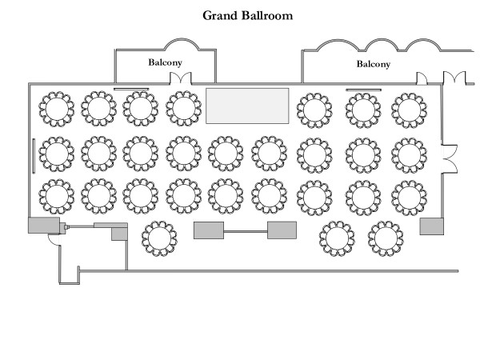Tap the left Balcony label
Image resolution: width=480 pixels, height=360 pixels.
166,61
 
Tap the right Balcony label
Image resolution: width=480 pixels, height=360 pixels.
374,63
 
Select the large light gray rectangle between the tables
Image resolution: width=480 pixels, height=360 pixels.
247,106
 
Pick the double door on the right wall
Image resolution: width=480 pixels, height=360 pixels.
450,157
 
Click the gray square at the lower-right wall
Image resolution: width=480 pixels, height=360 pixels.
431,225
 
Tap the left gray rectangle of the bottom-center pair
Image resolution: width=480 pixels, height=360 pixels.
209,231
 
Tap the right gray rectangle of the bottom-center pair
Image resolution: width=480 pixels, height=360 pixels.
282,231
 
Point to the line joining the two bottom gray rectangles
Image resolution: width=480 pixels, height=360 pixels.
246,232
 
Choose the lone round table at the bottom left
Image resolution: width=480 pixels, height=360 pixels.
158,238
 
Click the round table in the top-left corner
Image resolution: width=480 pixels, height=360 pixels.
56,108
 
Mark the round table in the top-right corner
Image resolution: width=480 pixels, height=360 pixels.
408,108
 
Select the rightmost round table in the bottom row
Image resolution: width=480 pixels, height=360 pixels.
386,238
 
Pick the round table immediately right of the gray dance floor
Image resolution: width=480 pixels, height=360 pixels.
312,108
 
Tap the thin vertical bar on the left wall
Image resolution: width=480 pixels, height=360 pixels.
33,155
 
